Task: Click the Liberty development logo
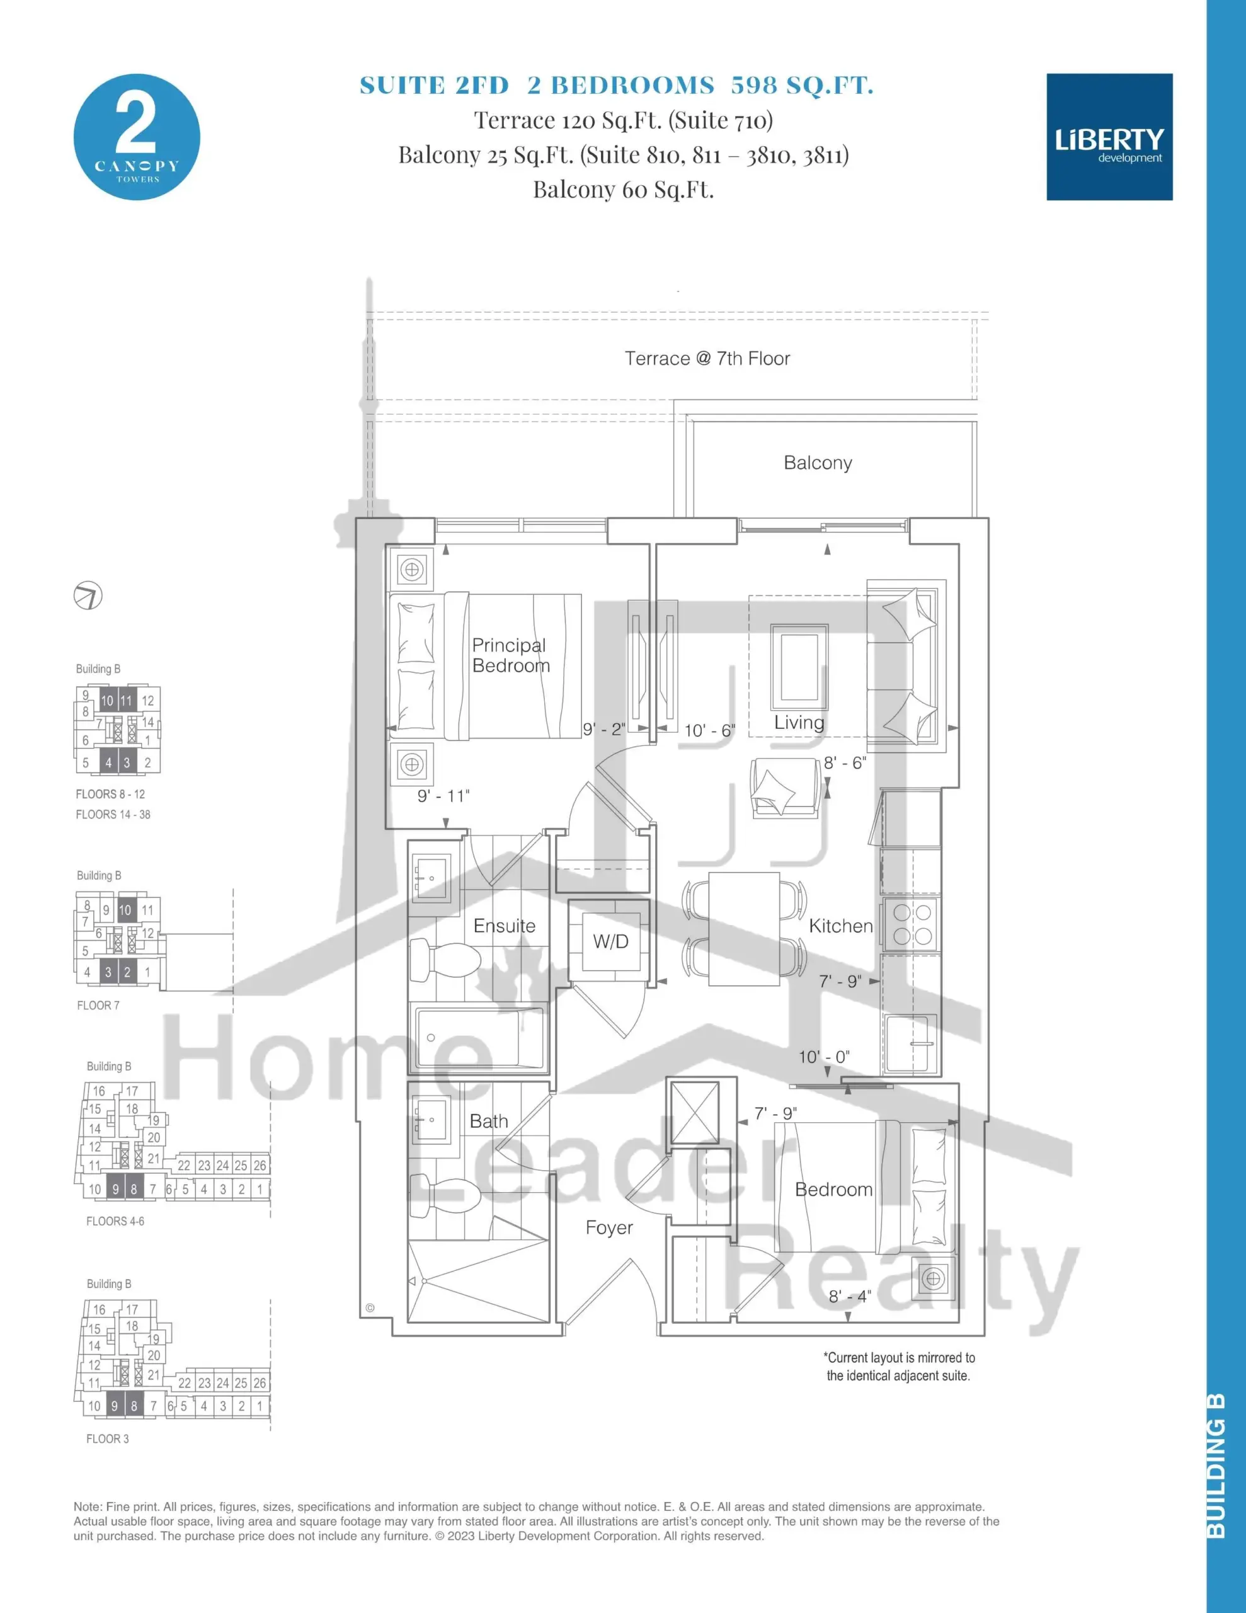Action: pyautogui.click(x=1109, y=137)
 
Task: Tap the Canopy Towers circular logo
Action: pyautogui.click(x=137, y=137)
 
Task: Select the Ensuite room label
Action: pyautogui.click(x=505, y=926)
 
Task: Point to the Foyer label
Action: pyautogui.click(x=609, y=1227)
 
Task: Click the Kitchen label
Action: pyautogui.click(x=840, y=926)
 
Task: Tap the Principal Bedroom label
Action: pyautogui.click(x=511, y=655)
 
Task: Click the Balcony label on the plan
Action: pyautogui.click(x=818, y=462)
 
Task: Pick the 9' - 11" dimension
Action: pyautogui.click(x=443, y=795)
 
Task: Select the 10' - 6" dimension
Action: pyautogui.click(x=710, y=730)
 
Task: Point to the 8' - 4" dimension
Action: pyautogui.click(x=849, y=1295)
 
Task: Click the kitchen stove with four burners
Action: pyautogui.click(x=912, y=924)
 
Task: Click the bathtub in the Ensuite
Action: pyautogui.click(x=479, y=1038)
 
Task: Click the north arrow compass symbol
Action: pyautogui.click(x=88, y=595)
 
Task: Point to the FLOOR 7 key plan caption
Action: pyautogui.click(x=98, y=1005)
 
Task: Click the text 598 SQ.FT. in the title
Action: pyautogui.click(x=802, y=86)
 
